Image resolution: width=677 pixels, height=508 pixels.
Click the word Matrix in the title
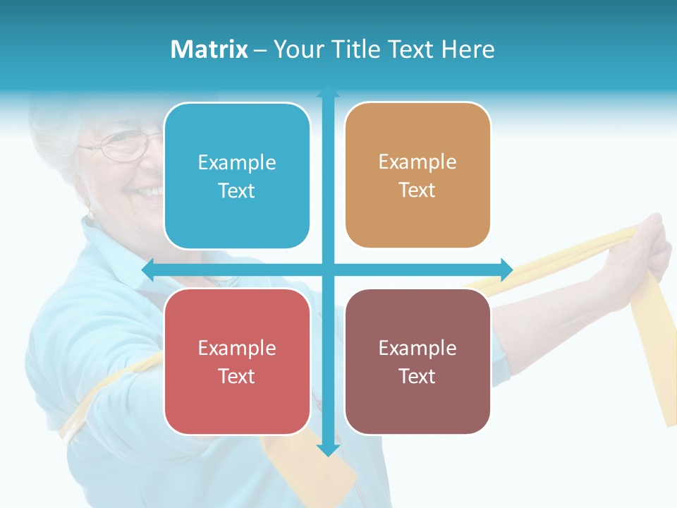click(x=209, y=49)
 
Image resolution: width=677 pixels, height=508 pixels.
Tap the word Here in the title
click(x=468, y=49)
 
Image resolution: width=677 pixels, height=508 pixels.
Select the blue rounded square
click(x=237, y=176)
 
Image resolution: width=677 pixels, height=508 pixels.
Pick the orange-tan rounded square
click(x=417, y=175)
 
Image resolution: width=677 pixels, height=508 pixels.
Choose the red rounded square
click(x=237, y=361)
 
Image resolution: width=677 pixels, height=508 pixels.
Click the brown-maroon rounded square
click(x=417, y=361)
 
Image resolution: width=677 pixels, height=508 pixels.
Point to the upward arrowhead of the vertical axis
click(x=328, y=92)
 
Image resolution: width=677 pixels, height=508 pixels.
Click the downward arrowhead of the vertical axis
click(x=328, y=449)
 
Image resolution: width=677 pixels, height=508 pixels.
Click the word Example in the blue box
click(x=237, y=163)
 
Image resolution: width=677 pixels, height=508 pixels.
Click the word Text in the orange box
click(x=417, y=190)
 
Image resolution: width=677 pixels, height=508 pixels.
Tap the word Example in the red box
click(x=237, y=348)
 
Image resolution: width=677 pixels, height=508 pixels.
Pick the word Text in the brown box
click(x=417, y=376)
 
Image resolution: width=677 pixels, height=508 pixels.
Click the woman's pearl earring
click(x=90, y=214)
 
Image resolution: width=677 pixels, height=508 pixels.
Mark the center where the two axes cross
click(x=328, y=270)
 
